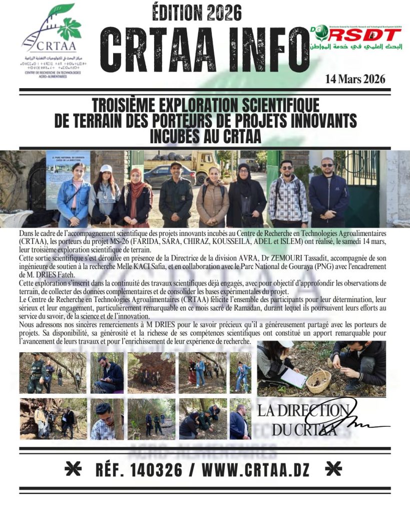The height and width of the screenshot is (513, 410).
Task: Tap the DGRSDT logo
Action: [355, 38]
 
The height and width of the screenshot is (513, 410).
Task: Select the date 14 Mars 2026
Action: [354, 79]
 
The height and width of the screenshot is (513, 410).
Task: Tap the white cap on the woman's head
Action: [106, 169]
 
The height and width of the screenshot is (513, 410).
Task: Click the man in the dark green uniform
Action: [176, 195]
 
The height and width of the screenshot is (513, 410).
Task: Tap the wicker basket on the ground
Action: [318, 381]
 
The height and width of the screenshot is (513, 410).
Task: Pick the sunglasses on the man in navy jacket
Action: [327, 165]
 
